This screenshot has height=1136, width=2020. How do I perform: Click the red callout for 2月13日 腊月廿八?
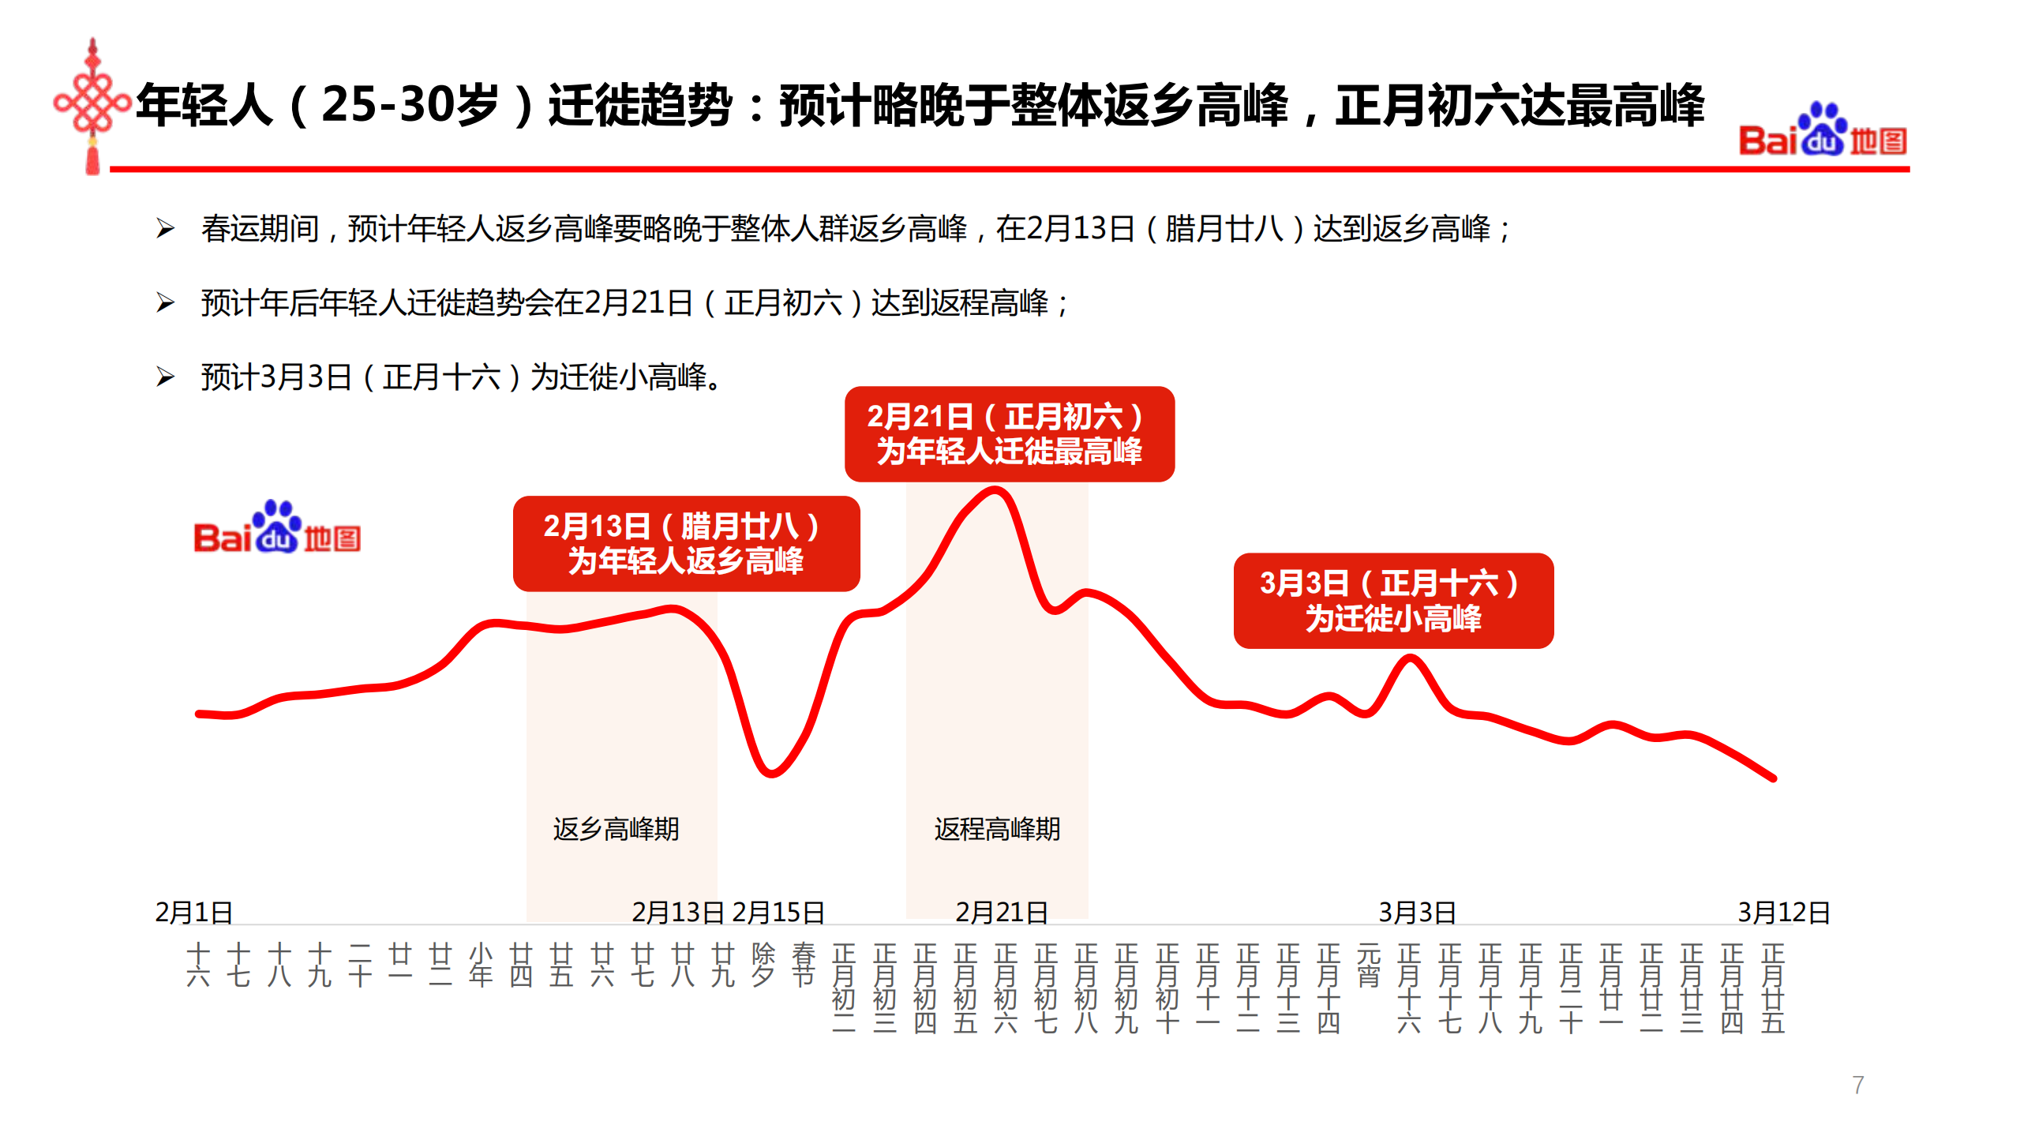(x=685, y=544)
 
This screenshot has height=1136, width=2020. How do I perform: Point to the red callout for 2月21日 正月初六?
(x=1008, y=434)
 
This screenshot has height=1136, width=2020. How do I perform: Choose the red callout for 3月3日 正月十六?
(x=1392, y=601)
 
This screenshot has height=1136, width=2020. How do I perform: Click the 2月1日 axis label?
(x=193, y=913)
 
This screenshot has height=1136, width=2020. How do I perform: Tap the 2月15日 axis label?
(x=778, y=913)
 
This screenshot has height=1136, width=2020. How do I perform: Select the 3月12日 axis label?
(x=1782, y=913)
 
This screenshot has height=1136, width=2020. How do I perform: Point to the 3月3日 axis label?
(x=1417, y=913)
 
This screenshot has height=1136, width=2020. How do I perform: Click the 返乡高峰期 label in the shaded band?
(x=616, y=829)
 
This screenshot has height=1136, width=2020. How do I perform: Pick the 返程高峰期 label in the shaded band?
(x=997, y=829)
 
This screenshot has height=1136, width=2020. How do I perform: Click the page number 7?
(x=1858, y=1085)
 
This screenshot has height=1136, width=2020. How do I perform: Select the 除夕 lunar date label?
(x=763, y=965)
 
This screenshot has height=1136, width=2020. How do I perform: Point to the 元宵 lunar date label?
(x=1369, y=965)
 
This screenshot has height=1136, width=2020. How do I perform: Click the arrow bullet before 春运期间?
(x=165, y=229)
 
